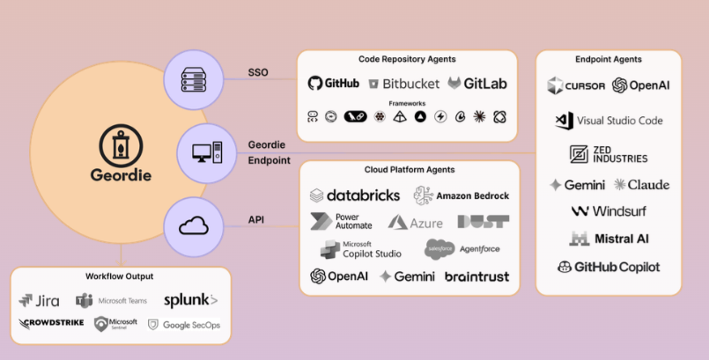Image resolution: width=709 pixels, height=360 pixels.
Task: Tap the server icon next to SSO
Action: (x=192, y=79)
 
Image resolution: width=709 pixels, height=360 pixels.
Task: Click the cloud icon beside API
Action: (x=194, y=226)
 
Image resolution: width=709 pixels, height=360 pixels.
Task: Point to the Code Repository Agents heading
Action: (x=407, y=59)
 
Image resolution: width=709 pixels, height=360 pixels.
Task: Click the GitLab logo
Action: (x=478, y=84)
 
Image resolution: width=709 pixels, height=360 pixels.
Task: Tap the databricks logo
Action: (x=355, y=195)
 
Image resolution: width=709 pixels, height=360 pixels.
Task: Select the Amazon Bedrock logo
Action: (x=462, y=195)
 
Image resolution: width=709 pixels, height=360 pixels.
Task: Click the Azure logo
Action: (x=416, y=223)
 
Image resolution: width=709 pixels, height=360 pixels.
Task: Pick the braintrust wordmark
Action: (x=476, y=276)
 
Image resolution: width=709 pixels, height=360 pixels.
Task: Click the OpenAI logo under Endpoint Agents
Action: (x=642, y=85)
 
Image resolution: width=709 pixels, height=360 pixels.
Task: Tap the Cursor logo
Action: (x=576, y=85)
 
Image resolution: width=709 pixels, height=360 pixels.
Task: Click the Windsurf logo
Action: (x=609, y=211)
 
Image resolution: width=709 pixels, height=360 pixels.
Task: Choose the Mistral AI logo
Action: (x=609, y=239)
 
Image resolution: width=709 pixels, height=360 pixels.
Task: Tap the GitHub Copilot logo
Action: (x=609, y=267)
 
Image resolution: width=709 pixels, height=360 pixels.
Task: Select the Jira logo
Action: (x=39, y=301)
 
